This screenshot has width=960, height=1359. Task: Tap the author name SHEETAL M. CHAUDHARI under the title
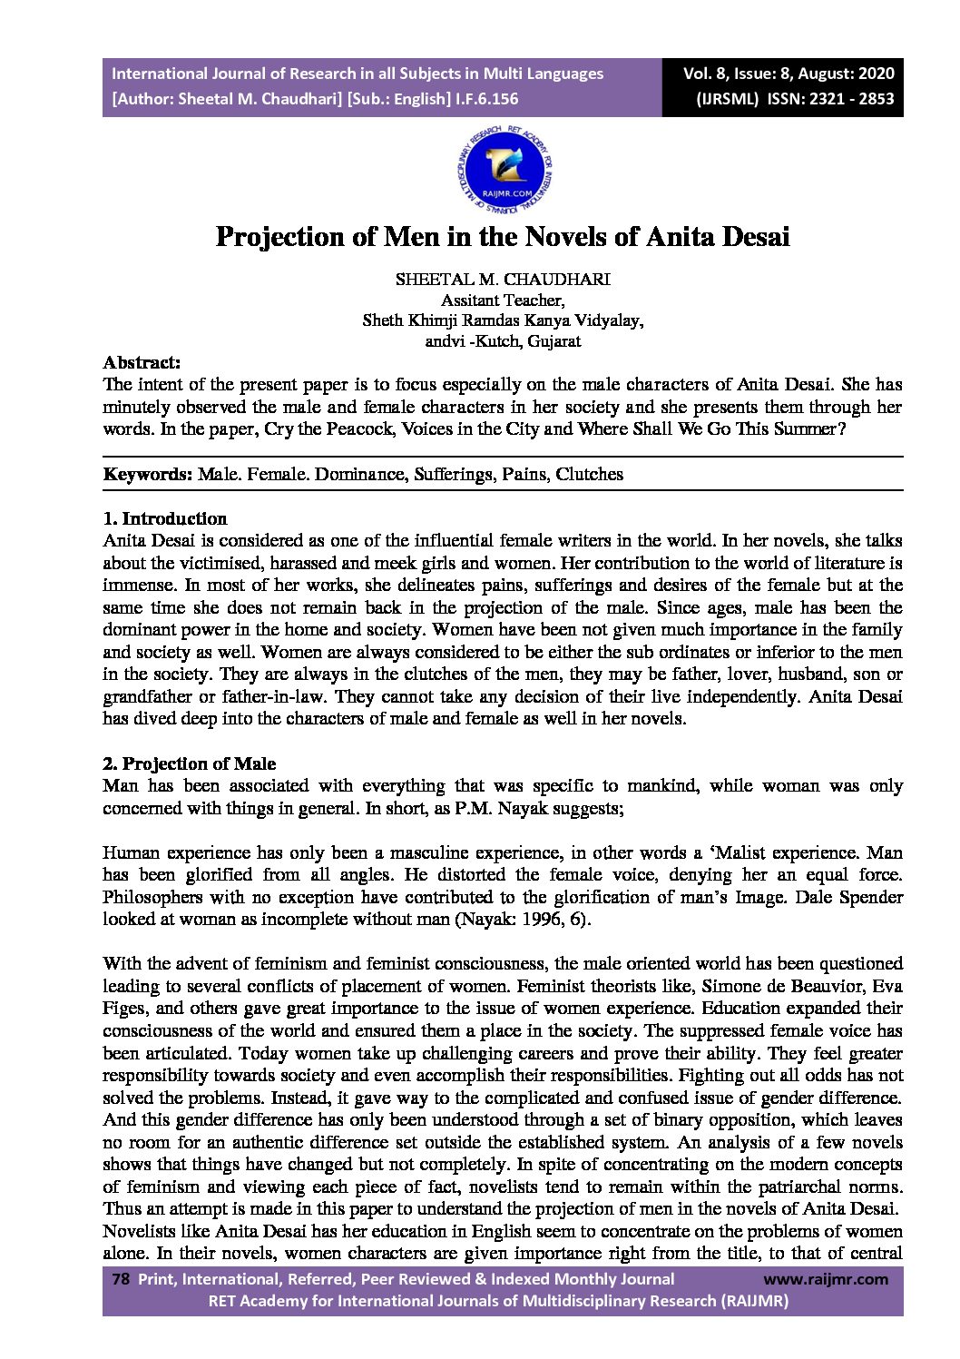click(503, 280)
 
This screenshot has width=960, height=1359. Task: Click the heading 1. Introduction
click(165, 519)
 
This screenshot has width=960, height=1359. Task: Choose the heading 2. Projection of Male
click(190, 763)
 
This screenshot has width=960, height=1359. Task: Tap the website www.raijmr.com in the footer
click(826, 1279)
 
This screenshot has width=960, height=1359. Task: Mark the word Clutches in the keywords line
click(590, 474)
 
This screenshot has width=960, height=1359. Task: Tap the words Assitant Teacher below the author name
click(503, 300)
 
